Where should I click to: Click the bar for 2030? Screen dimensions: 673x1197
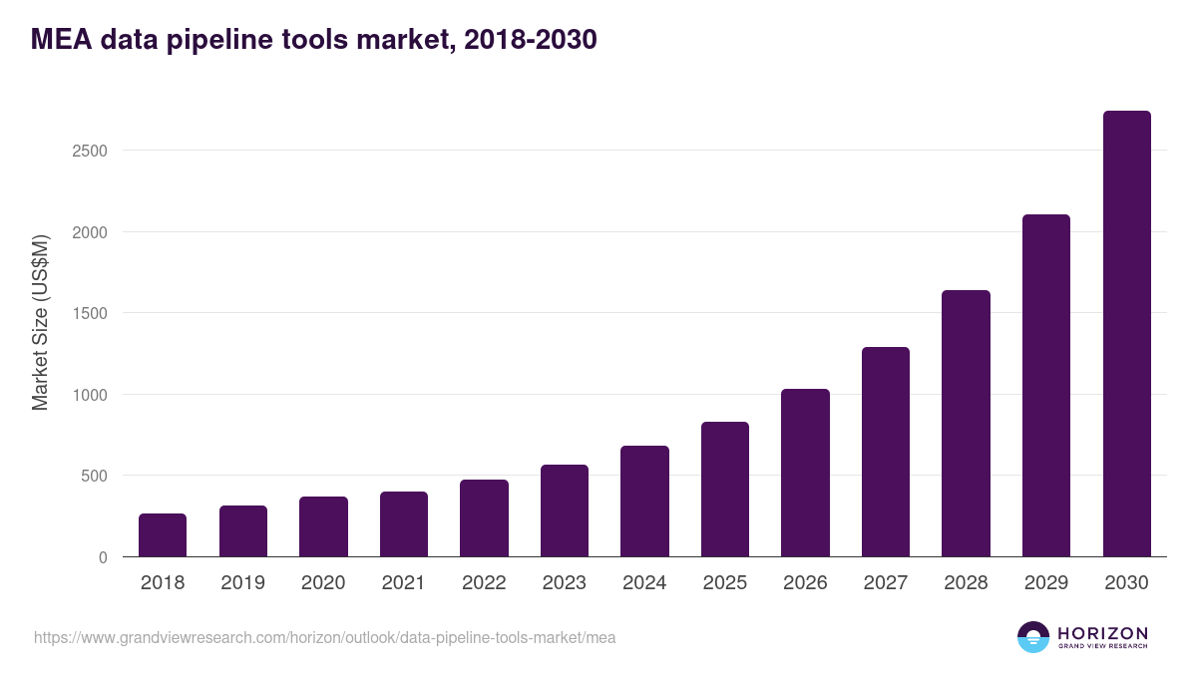pos(1126,334)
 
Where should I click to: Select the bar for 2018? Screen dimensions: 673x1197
pos(163,535)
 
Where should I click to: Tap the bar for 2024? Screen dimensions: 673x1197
pos(644,502)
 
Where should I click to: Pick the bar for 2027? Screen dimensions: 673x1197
pos(886,452)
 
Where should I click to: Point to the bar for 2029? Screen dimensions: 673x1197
pos(1046,386)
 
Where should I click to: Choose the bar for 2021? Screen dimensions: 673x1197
pos(404,524)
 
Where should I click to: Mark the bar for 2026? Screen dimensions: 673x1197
pos(805,473)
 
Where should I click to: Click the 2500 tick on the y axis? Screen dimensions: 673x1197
pos(89,151)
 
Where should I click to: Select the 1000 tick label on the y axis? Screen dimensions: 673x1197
pos(89,395)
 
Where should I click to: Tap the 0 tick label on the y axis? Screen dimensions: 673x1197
pos(103,557)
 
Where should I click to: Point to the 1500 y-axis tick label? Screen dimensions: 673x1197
pos(89,313)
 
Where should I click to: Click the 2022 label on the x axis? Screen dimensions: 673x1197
pos(484,583)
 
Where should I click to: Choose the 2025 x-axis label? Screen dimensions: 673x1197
pos(725,583)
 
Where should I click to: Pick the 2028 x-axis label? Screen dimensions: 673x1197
pos(966,583)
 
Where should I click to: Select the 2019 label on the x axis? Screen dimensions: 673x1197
pos(242,583)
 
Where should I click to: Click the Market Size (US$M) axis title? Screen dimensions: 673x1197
pos(40,321)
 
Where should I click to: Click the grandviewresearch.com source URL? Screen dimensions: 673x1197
pos(324,637)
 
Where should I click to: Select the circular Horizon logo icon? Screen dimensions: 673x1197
pos(1033,637)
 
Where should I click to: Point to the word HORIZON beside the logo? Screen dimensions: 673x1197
pos(1102,633)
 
